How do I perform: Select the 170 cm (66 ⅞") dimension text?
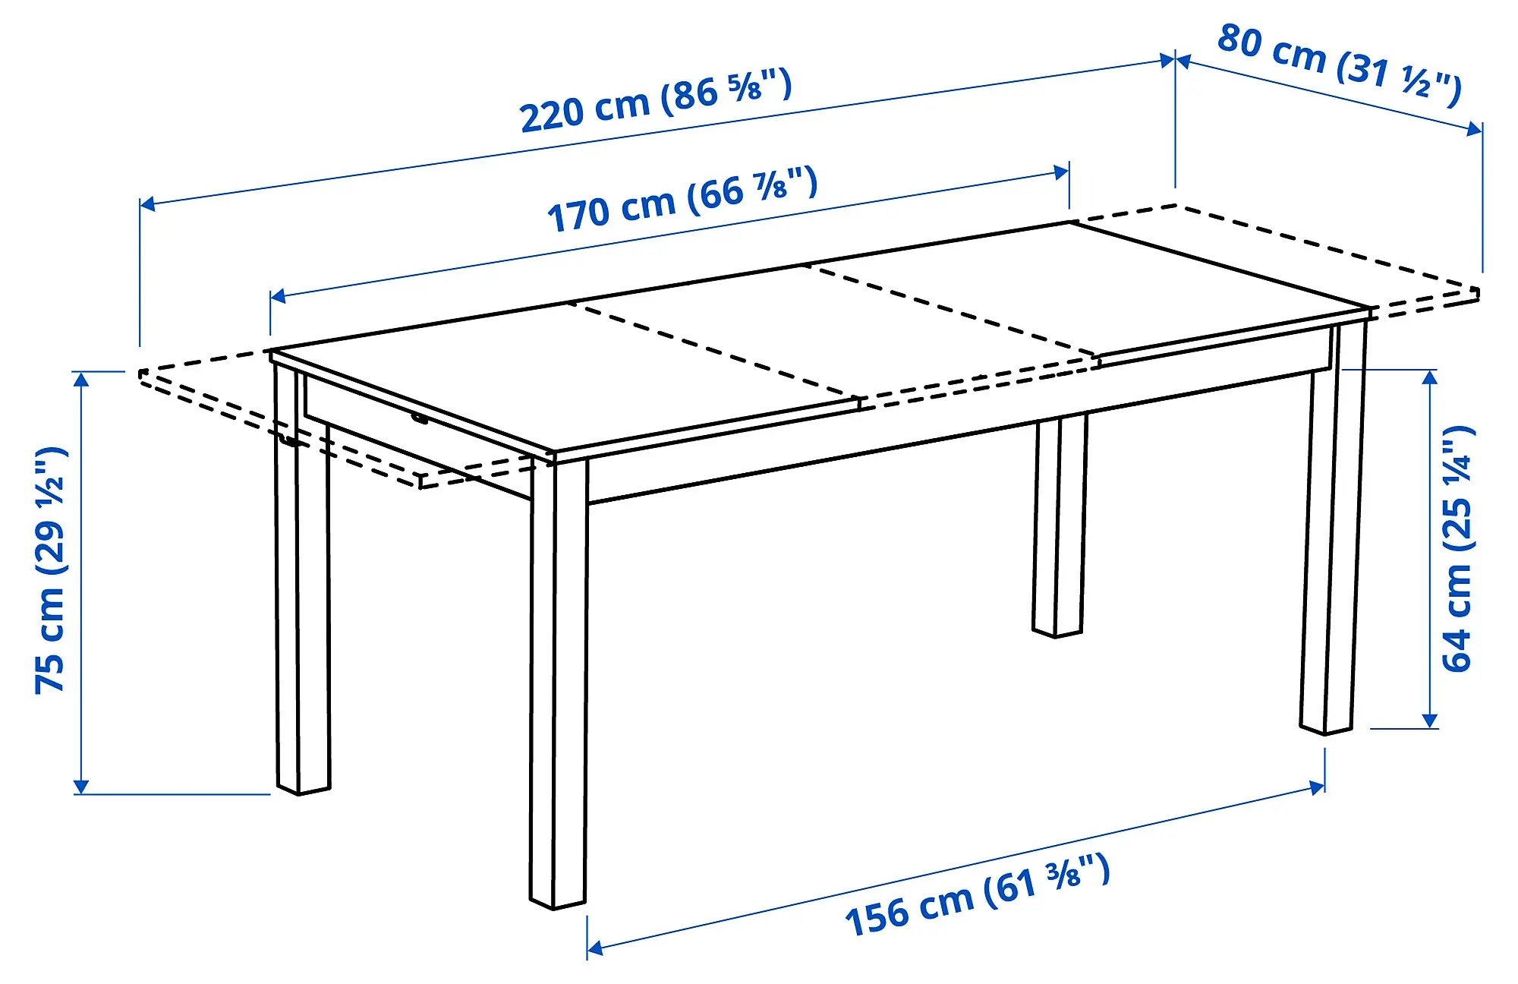(682, 200)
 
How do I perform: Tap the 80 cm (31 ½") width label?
(1339, 65)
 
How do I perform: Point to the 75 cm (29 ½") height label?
(52, 571)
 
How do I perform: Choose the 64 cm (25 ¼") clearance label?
(1457, 548)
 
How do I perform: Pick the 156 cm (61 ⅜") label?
(978, 896)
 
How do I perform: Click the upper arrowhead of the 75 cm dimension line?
(81, 377)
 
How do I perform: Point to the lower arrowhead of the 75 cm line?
(81, 788)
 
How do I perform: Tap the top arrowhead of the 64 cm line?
(1430, 376)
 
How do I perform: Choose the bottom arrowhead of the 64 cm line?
(1430, 722)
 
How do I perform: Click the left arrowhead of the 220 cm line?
(146, 203)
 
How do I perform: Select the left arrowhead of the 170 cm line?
(277, 295)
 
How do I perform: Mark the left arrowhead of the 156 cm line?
(594, 948)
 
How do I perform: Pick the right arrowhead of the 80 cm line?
(1475, 130)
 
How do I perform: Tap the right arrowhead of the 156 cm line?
(1318, 787)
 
